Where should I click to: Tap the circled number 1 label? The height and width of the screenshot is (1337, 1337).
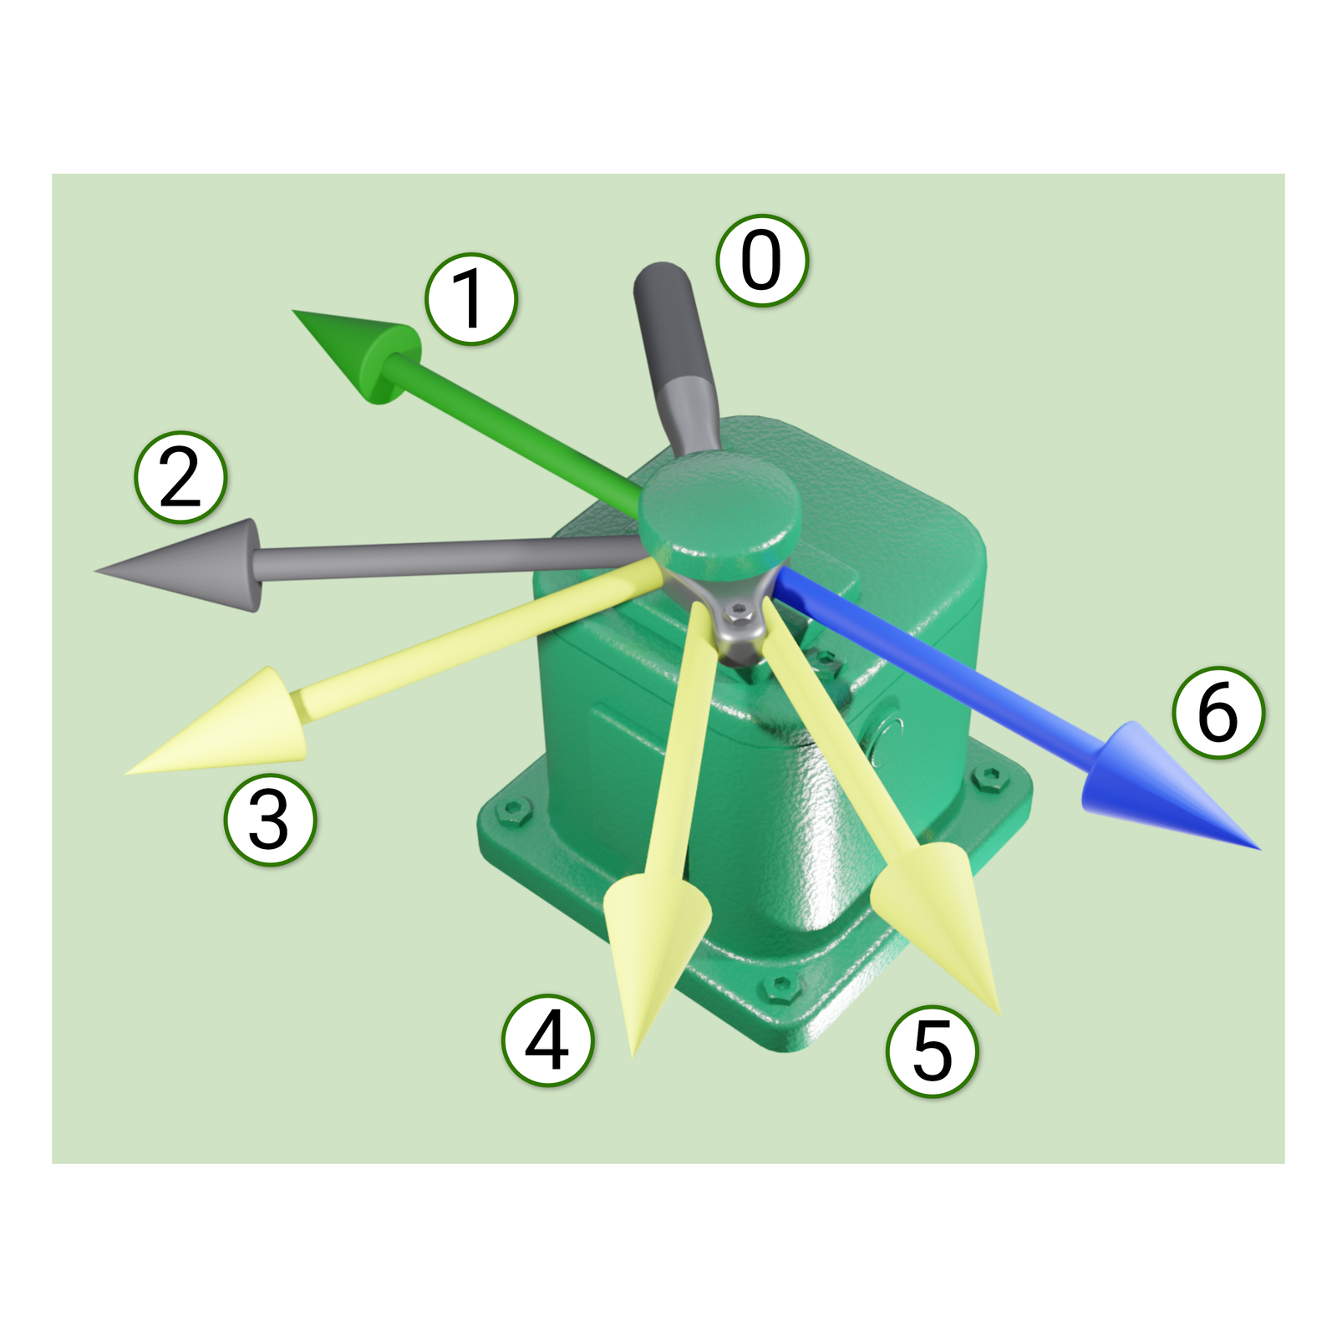pos(471,298)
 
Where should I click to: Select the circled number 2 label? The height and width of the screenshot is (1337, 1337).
pos(180,477)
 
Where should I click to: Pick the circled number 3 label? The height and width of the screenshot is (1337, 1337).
pos(270,819)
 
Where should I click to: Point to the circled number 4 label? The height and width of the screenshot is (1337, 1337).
pos(547,1040)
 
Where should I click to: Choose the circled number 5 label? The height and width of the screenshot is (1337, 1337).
pos(932,1050)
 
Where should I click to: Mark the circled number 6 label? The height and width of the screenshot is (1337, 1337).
pos(1218,712)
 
